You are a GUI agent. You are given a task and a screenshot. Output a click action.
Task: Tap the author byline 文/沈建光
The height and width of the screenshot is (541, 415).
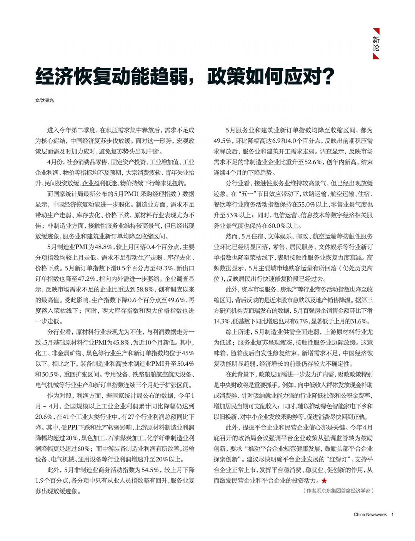tap(45, 100)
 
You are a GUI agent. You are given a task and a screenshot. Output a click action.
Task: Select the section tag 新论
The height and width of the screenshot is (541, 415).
tap(376, 44)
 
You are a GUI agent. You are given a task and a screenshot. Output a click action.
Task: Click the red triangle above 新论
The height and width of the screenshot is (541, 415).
tap(377, 31)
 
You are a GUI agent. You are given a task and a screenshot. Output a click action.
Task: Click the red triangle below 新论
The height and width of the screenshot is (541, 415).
tap(377, 57)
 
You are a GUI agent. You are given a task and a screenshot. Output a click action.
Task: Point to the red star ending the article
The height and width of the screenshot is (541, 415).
tap(324, 480)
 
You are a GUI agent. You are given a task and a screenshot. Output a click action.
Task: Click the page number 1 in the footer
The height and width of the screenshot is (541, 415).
tap(392, 514)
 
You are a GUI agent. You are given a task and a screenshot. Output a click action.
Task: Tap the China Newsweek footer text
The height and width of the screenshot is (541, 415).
tap(370, 514)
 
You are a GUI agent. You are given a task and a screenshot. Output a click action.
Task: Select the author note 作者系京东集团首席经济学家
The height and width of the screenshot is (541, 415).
tap(338, 491)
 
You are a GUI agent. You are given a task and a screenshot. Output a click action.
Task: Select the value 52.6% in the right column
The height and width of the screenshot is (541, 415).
tap(314, 162)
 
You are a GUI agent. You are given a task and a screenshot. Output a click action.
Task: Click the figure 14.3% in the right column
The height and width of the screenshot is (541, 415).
tap(222, 321)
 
